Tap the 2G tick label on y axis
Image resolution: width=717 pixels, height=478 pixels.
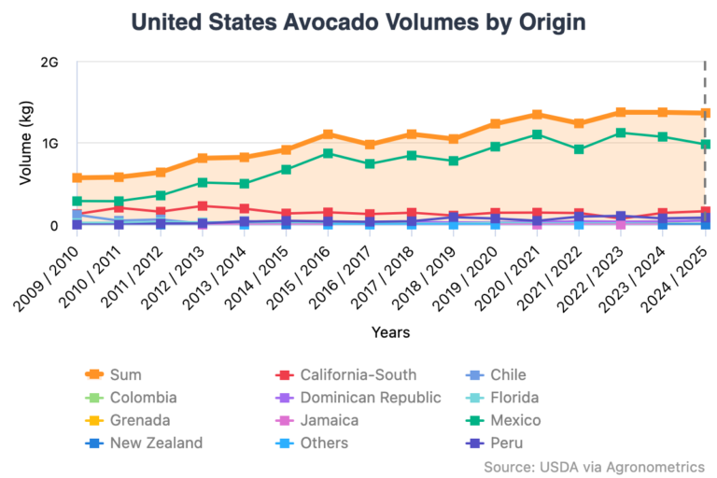pyautogui.click(x=49, y=63)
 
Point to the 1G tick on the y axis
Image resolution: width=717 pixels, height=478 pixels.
pyautogui.click(x=49, y=144)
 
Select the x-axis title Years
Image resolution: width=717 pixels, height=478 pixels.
pyautogui.click(x=390, y=331)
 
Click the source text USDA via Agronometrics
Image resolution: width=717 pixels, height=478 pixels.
pyautogui.click(x=594, y=466)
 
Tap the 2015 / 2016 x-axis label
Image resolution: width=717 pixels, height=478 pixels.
pyautogui.click(x=303, y=273)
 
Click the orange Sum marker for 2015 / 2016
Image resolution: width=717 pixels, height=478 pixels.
pyautogui.click(x=328, y=135)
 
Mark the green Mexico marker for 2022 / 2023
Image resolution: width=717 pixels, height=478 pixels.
pyautogui.click(x=621, y=133)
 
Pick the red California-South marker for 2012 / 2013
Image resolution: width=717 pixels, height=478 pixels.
pyautogui.click(x=203, y=205)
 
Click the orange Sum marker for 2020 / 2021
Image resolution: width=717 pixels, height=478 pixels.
pyautogui.click(x=537, y=115)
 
